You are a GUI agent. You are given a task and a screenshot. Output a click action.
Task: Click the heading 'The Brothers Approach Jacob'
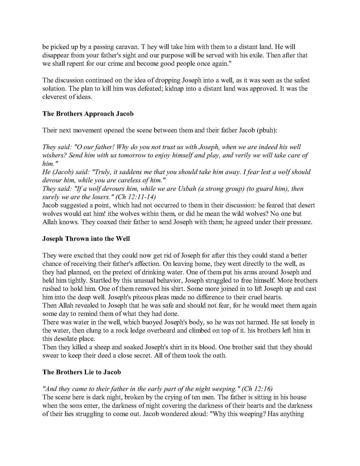88,114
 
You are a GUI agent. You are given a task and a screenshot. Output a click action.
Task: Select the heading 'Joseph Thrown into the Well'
86,239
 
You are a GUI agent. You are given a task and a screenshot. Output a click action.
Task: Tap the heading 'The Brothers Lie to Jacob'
82,372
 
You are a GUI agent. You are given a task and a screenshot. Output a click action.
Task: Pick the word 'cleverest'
54,97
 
